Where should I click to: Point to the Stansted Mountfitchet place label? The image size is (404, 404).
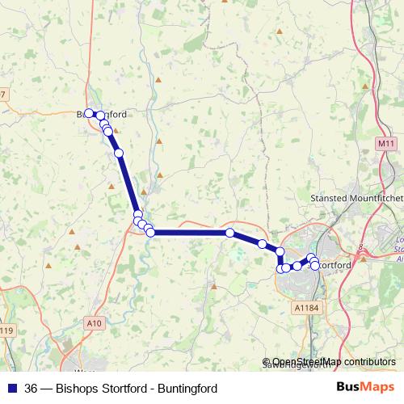point(356,197)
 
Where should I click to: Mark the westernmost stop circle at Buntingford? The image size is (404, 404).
point(89,114)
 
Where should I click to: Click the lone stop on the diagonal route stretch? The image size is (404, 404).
point(119,153)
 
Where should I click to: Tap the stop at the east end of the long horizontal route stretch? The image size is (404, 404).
point(230,233)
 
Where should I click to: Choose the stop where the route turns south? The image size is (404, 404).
point(280,251)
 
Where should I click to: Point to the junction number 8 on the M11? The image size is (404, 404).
point(360,249)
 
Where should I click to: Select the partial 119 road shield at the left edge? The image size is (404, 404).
point(6,330)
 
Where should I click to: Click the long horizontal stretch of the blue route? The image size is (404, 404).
point(190,233)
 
